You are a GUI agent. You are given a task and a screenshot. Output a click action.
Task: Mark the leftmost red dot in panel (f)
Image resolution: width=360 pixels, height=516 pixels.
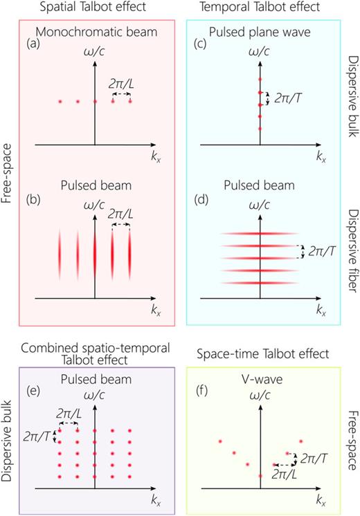220,441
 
